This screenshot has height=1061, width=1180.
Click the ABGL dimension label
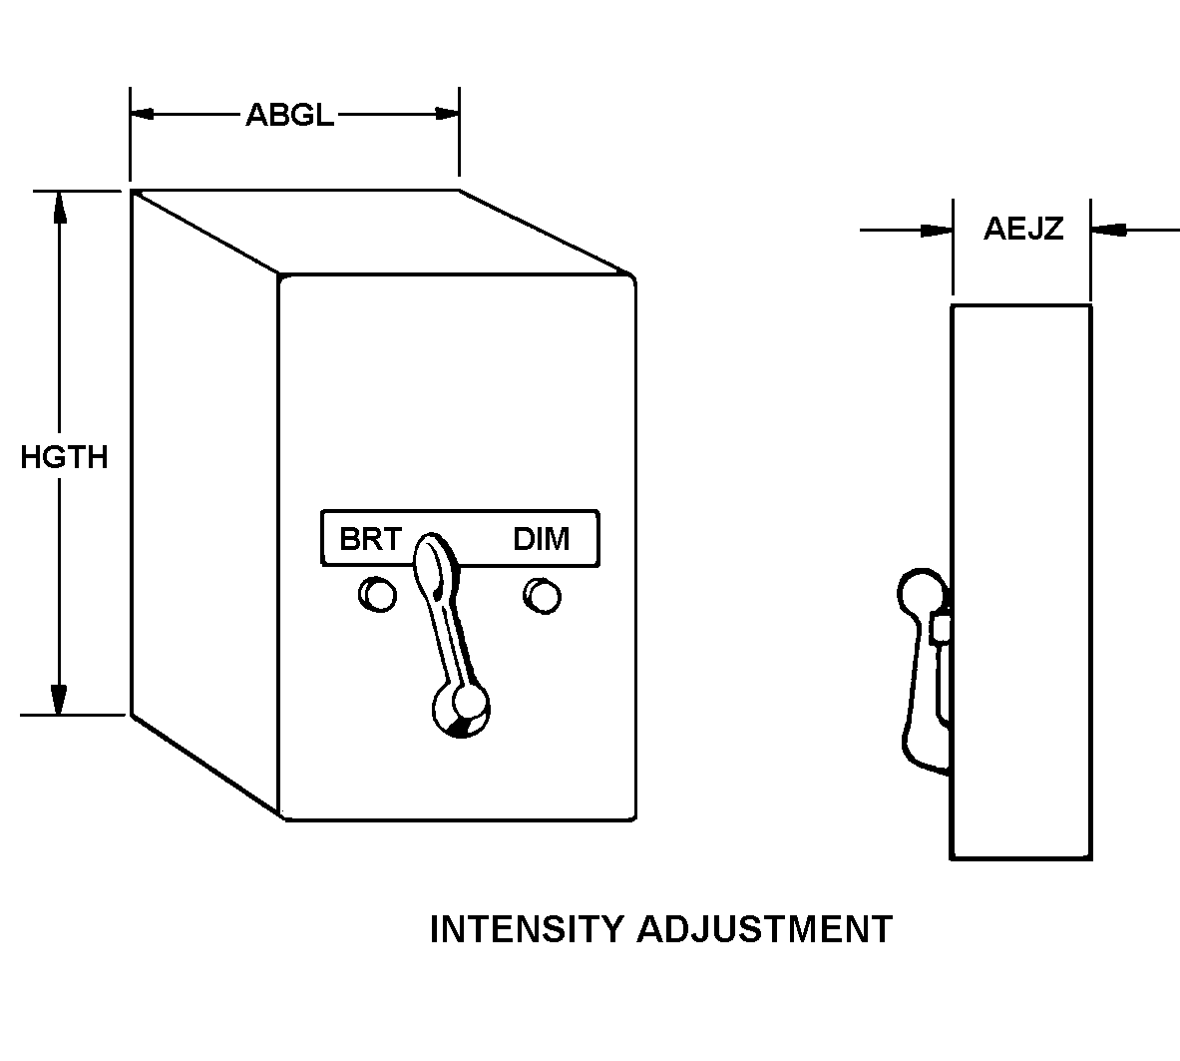[x=289, y=115]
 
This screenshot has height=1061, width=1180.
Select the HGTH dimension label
[x=64, y=457]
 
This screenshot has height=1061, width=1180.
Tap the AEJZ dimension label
[x=1023, y=230]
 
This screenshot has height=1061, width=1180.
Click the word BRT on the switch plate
[x=369, y=539]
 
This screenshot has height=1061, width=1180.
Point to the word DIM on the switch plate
[x=542, y=539]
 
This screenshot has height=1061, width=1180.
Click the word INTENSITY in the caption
[x=526, y=929]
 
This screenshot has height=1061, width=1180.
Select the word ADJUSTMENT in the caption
[x=764, y=929]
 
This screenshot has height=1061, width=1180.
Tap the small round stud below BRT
[x=378, y=595]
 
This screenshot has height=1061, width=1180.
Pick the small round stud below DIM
[x=542, y=595]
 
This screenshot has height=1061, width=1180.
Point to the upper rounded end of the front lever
[x=434, y=555]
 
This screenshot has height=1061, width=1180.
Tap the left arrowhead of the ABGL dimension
[x=144, y=115]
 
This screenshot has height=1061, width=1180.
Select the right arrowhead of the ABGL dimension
[x=446, y=115]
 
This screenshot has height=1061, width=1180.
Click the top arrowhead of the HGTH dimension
[x=60, y=205]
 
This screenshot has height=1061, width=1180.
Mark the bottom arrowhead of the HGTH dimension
[x=60, y=700]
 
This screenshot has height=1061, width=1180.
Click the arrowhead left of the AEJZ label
[x=938, y=231]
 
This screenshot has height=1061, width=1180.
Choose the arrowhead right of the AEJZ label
[x=1107, y=231]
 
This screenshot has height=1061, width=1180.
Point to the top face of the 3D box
[x=379, y=232]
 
